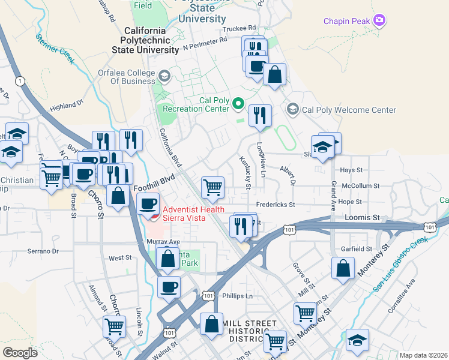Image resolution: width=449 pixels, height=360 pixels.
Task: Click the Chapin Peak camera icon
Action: [379, 21]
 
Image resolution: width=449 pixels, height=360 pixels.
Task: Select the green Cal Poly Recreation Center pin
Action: [238, 104]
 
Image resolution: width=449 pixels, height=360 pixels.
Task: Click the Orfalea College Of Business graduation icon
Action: [164, 76]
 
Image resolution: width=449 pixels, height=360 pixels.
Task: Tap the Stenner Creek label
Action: [55, 47]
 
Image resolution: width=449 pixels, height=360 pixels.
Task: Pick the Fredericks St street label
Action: [276, 205]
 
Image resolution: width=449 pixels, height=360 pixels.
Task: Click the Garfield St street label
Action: [357, 248]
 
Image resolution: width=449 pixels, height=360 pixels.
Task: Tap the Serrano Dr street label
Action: [43, 251]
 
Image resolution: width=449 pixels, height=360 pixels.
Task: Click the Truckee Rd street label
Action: [239, 28]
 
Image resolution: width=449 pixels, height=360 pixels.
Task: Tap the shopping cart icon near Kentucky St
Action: [213, 187]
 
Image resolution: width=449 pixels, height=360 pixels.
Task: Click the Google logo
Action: [20, 352]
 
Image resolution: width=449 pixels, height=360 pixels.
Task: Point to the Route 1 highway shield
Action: [20, 80]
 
